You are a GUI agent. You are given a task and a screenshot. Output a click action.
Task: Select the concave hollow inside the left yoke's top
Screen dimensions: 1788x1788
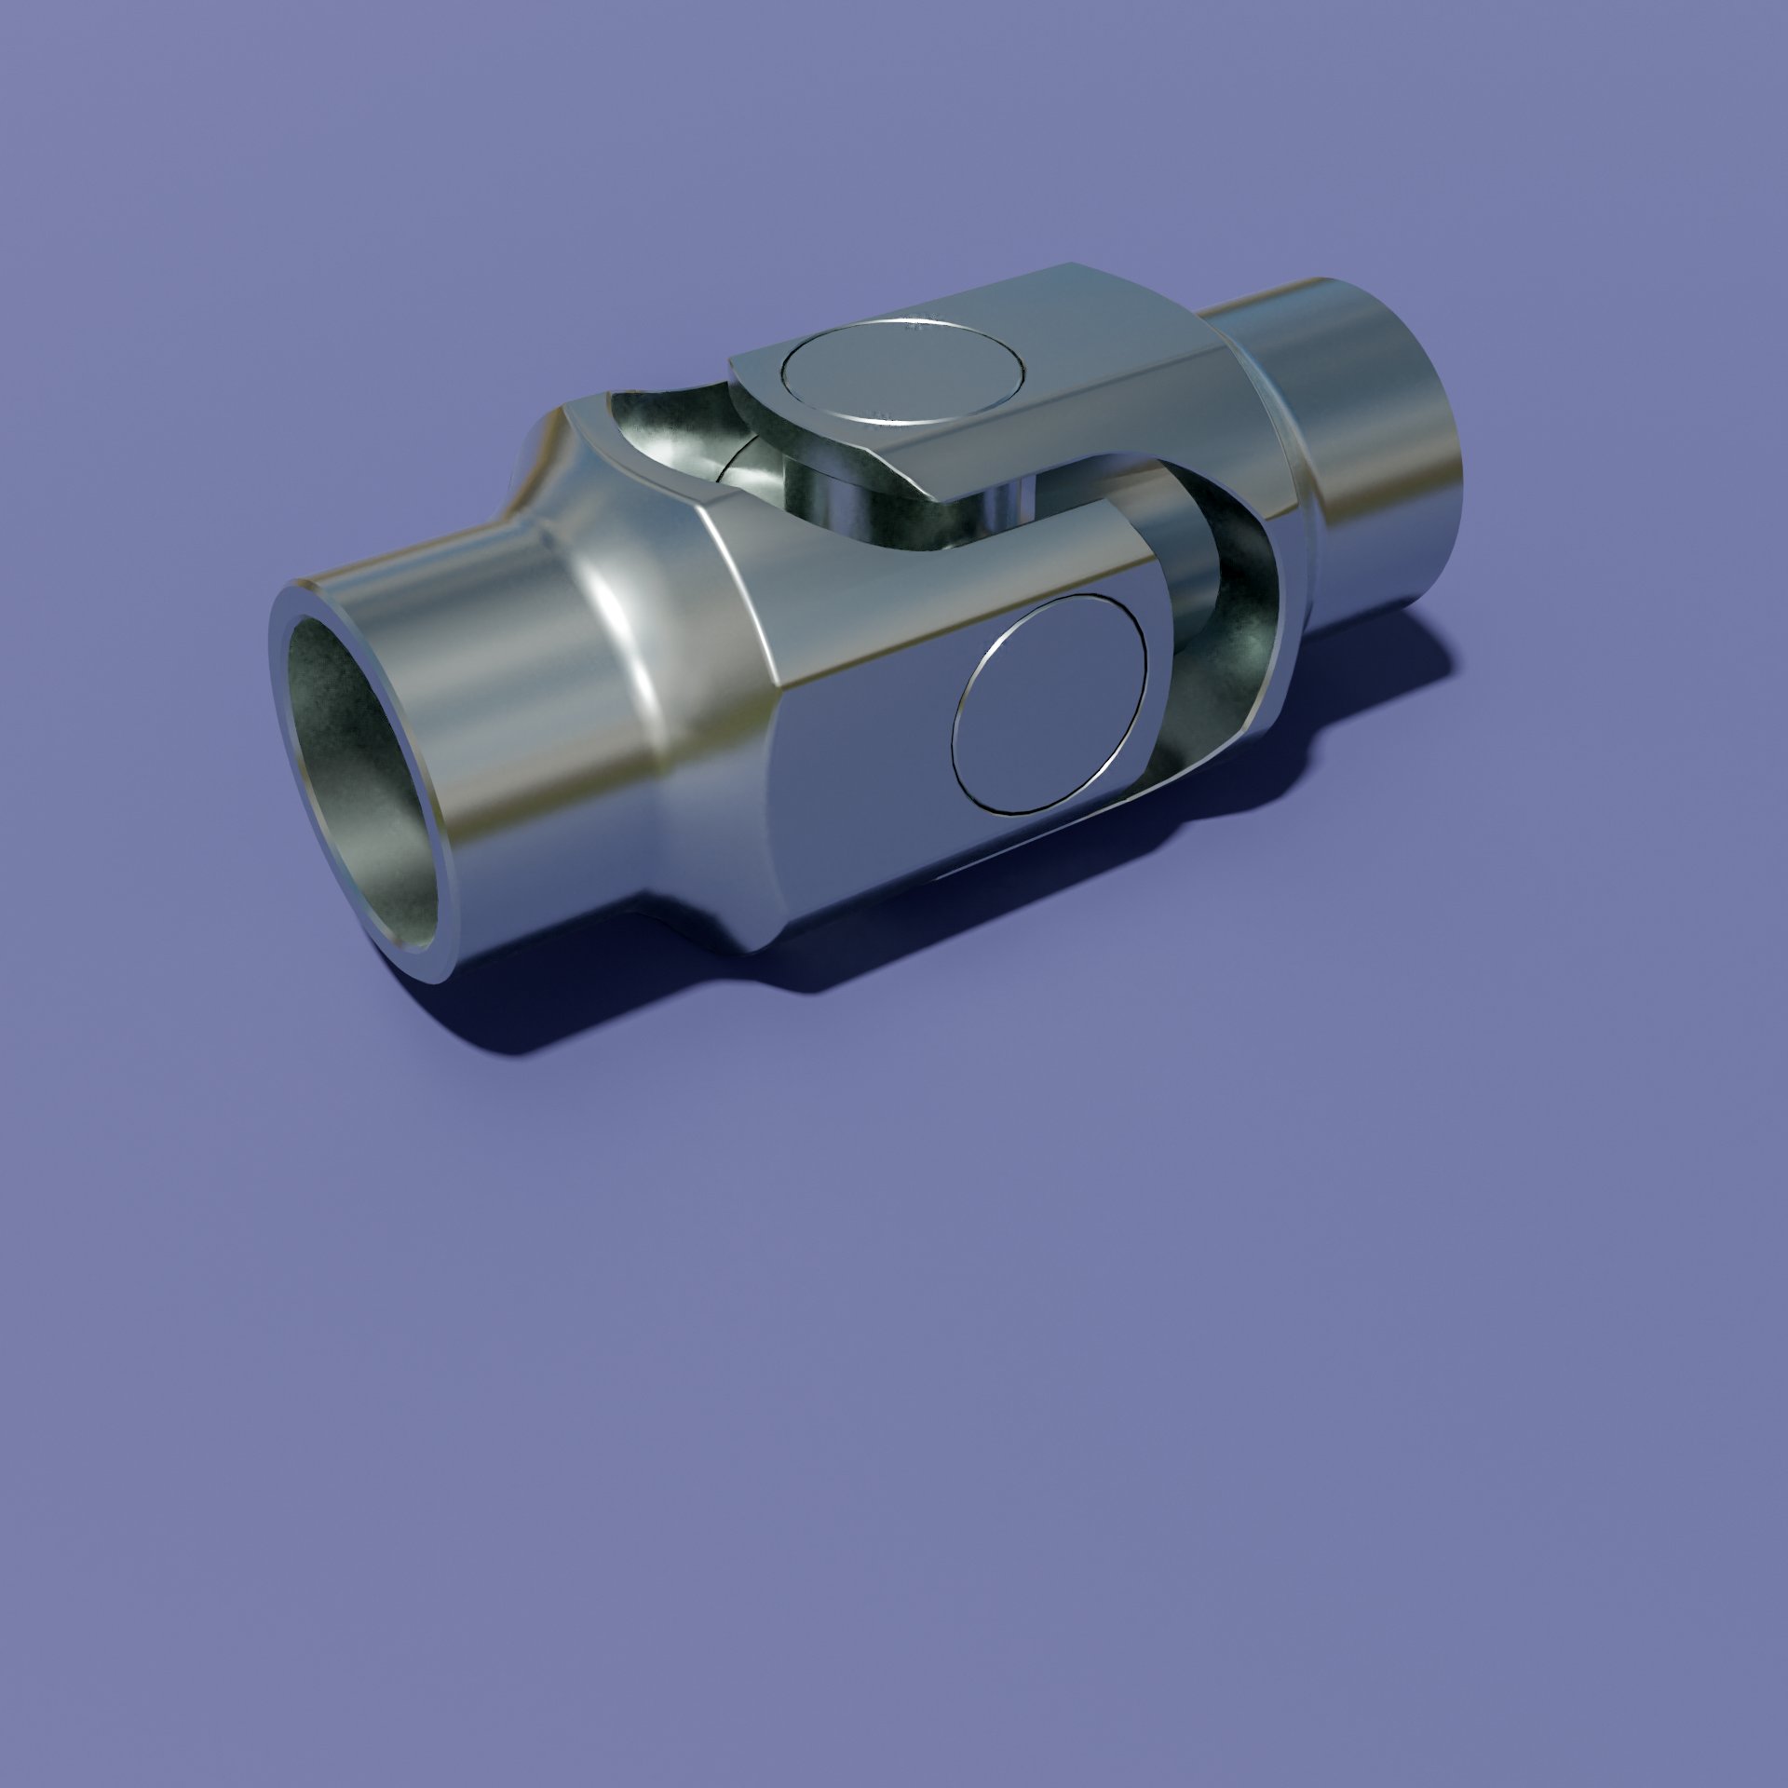click(x=670, y=438)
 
